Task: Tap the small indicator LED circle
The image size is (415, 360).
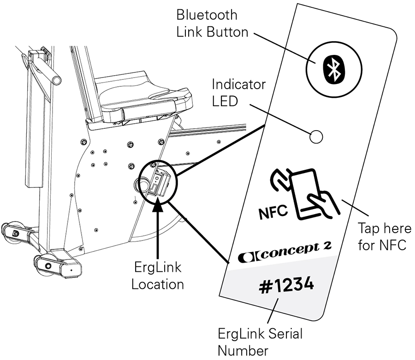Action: click(x=316, y=137)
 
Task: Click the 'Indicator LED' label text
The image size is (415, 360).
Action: click(x=239, y=93)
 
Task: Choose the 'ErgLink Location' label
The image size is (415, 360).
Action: click(x=157, y=276)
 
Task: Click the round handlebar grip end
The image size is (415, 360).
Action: click(x=57, y=80)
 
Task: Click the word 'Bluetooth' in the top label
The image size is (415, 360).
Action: click(x=207, y=15)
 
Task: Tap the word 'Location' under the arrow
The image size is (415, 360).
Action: click(x=157, y=284)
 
